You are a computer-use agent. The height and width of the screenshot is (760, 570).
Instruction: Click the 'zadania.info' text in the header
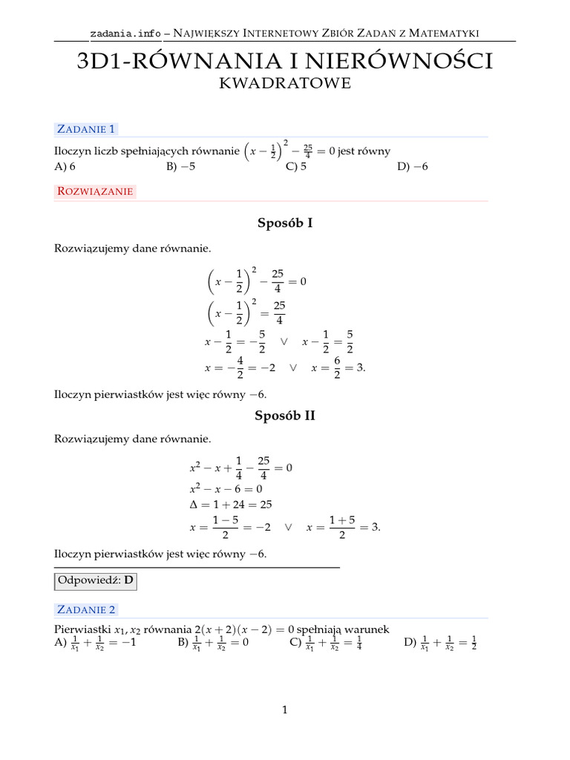(x=125, y=33)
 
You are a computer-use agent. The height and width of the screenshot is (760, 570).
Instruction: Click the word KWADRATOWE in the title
(x=285, y=84)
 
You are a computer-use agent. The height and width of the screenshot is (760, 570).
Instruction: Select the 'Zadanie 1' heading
(x=86, y=129)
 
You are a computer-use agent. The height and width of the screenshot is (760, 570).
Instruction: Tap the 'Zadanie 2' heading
(x=86, y=609)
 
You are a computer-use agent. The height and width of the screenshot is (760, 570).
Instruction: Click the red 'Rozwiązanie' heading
(x=94, y=191)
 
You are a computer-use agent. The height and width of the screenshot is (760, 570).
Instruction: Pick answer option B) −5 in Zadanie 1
(x=181, y=166)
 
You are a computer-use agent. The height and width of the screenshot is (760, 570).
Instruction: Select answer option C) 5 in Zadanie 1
(x=296, y=166)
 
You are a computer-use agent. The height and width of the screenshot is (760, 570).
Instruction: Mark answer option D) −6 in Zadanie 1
(x=413, y=166)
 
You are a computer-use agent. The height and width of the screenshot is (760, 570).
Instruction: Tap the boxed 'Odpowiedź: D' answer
(x=95, y=581)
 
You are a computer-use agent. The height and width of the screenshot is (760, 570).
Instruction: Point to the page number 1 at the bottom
(x=284, y=710)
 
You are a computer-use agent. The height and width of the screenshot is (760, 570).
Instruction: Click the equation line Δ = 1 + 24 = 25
(x=231, y=504)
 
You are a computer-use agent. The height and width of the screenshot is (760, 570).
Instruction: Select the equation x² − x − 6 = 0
(x=226, y=489)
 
